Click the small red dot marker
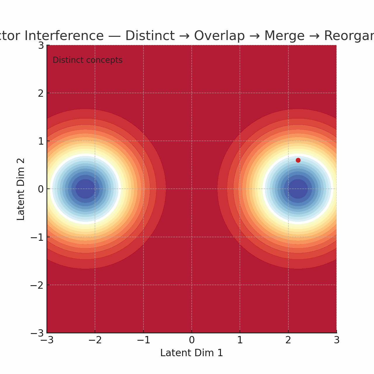pyautogui.click(x=298, y=160)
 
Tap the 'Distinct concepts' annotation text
pyautogui.click(x=87, y=60)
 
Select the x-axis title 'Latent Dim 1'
pyautogui.click(x=192, y=353)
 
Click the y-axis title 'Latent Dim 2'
pyautogui.click(x=21, y=189)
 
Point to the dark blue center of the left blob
pyautogui.click(x=85, y=189)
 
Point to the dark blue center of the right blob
pyautogui.click(x=298, y=189)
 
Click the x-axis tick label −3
pyautogui.click(x=47, y=340)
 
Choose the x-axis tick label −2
pyautogui.click(x=95, y=340)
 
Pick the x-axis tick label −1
pyautogui.click(x=143, y=340)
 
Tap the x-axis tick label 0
pyautogui.click(x=192, y=340)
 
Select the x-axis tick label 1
pyautogui.click(x=240, y=340)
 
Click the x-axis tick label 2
pyautogui.click(x=288, y=340)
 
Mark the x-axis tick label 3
pyautogui.click(x=337, y=340)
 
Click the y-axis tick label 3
pyautogui.click(x=41, y=45)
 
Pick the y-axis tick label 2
pyautogui.click(x=41, y=93)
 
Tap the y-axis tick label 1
pyautogui.click(x=41, y=141)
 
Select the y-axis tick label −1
pyautogui.click(x=37, y=237)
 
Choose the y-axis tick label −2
pyautogui.click(x=37, y=285)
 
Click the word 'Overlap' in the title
pyautogui.click(x=219, y=36)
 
